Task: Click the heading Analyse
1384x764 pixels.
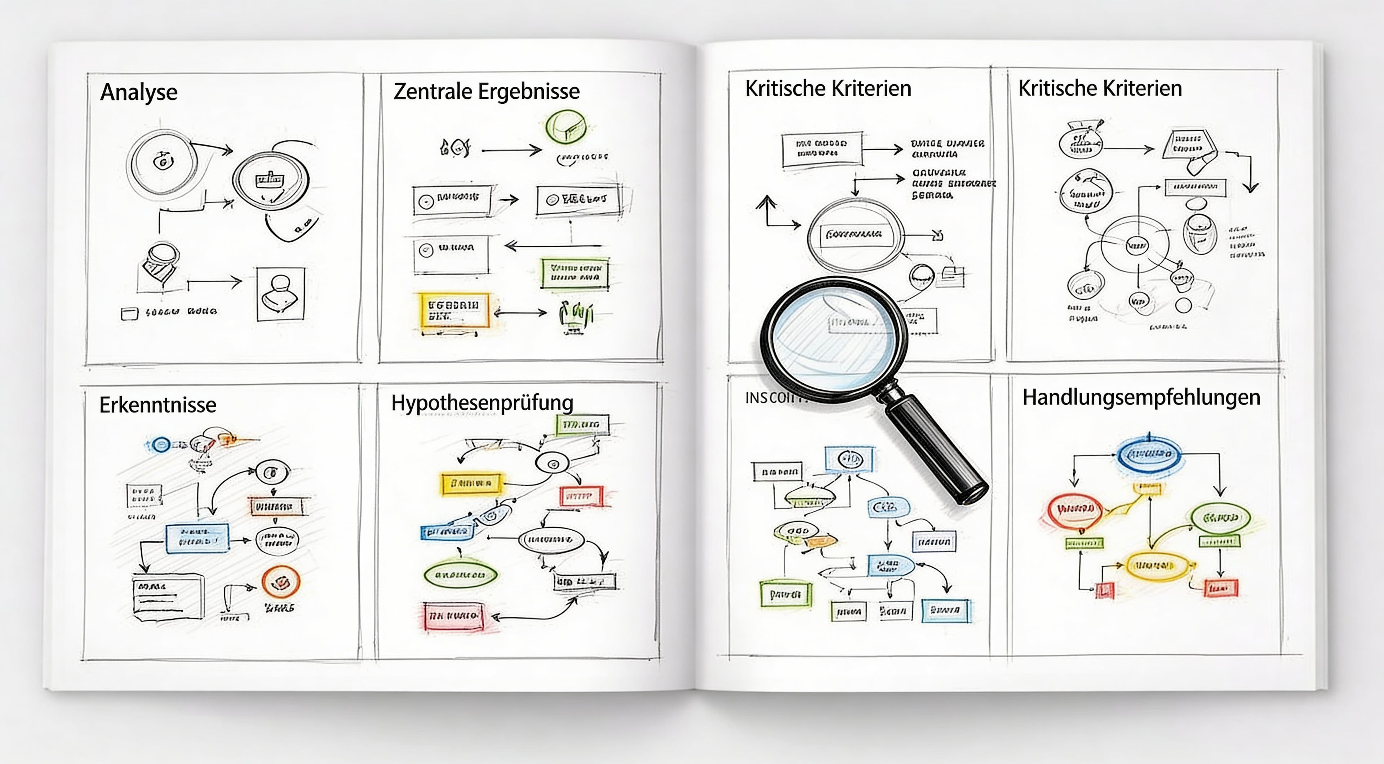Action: click(x=139, y=92)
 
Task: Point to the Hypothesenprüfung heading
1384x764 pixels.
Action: click(x=482, y=403)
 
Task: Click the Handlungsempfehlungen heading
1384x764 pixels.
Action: click(x=1141, y=398)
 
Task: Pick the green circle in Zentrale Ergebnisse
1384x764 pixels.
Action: click(x=565, y=127)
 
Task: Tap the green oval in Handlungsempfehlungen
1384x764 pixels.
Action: click(x=1221, y=518)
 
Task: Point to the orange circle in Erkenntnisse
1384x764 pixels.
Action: click(x=280, y=581)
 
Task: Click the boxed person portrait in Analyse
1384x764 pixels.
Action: click(x=280, y=294)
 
